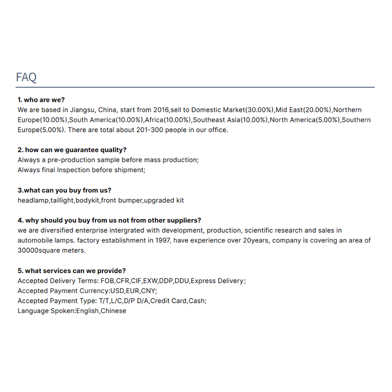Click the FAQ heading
26,77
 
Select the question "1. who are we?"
41,100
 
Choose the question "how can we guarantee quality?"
72,150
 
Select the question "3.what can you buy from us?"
64,190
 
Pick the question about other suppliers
109,220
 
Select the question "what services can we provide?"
72,270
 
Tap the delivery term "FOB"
106,281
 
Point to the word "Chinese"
113,311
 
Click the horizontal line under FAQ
196,87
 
